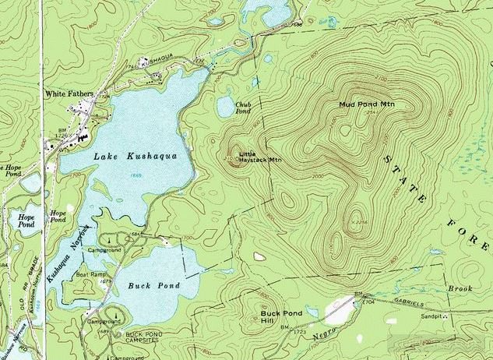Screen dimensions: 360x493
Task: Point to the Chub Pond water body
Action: pos(226,108)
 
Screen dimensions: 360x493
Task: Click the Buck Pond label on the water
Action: pos(153,286)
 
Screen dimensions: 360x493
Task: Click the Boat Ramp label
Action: pos(90,274)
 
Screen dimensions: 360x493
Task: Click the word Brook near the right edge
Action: pos(460,289)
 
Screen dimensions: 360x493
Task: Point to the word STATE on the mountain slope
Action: pos(404,176)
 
